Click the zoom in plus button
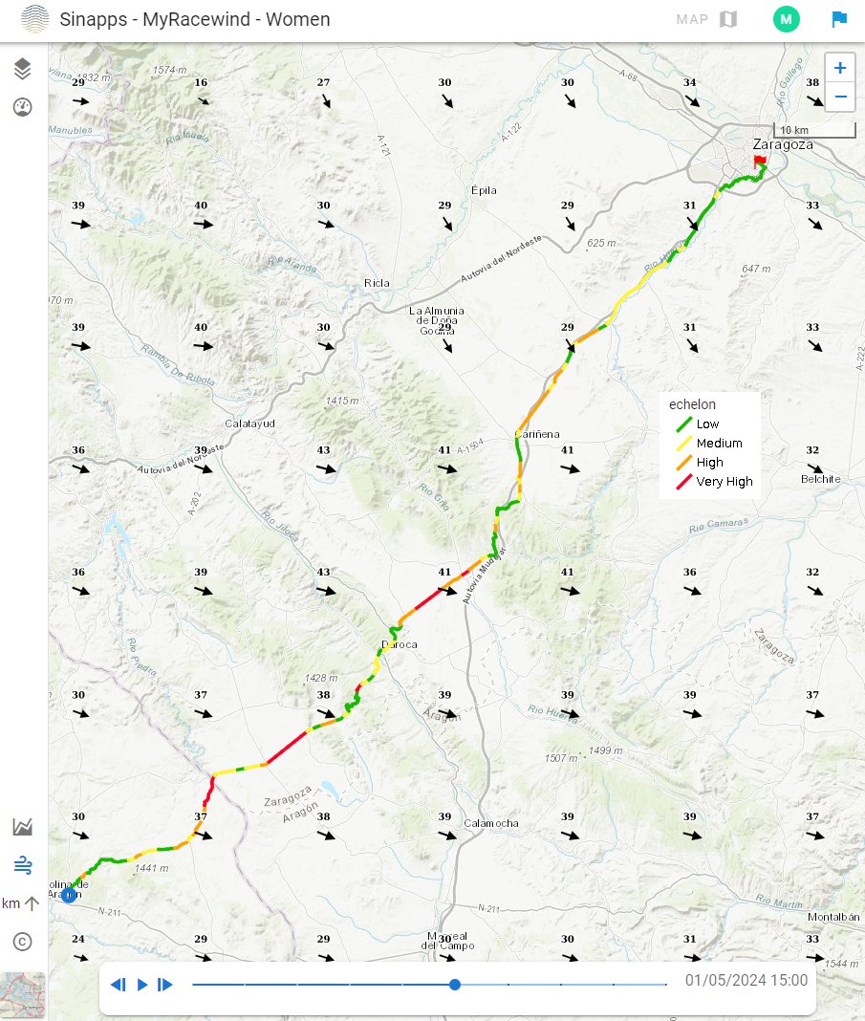(839, 68)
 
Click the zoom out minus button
(839, 97)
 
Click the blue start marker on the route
(69, 895)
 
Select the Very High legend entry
(724, 482)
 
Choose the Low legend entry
(707, 424)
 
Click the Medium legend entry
(719, 443)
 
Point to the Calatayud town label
(249, 424)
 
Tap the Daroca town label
(400, 644)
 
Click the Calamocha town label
(490, 823)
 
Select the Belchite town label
(822, 479)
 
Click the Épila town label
(485, 190)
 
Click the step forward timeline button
(165, 985)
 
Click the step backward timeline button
(119, 985)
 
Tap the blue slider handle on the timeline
(455, 984)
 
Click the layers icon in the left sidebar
(23, 68)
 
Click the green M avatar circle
(786, 19)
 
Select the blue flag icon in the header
(838, 19)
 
